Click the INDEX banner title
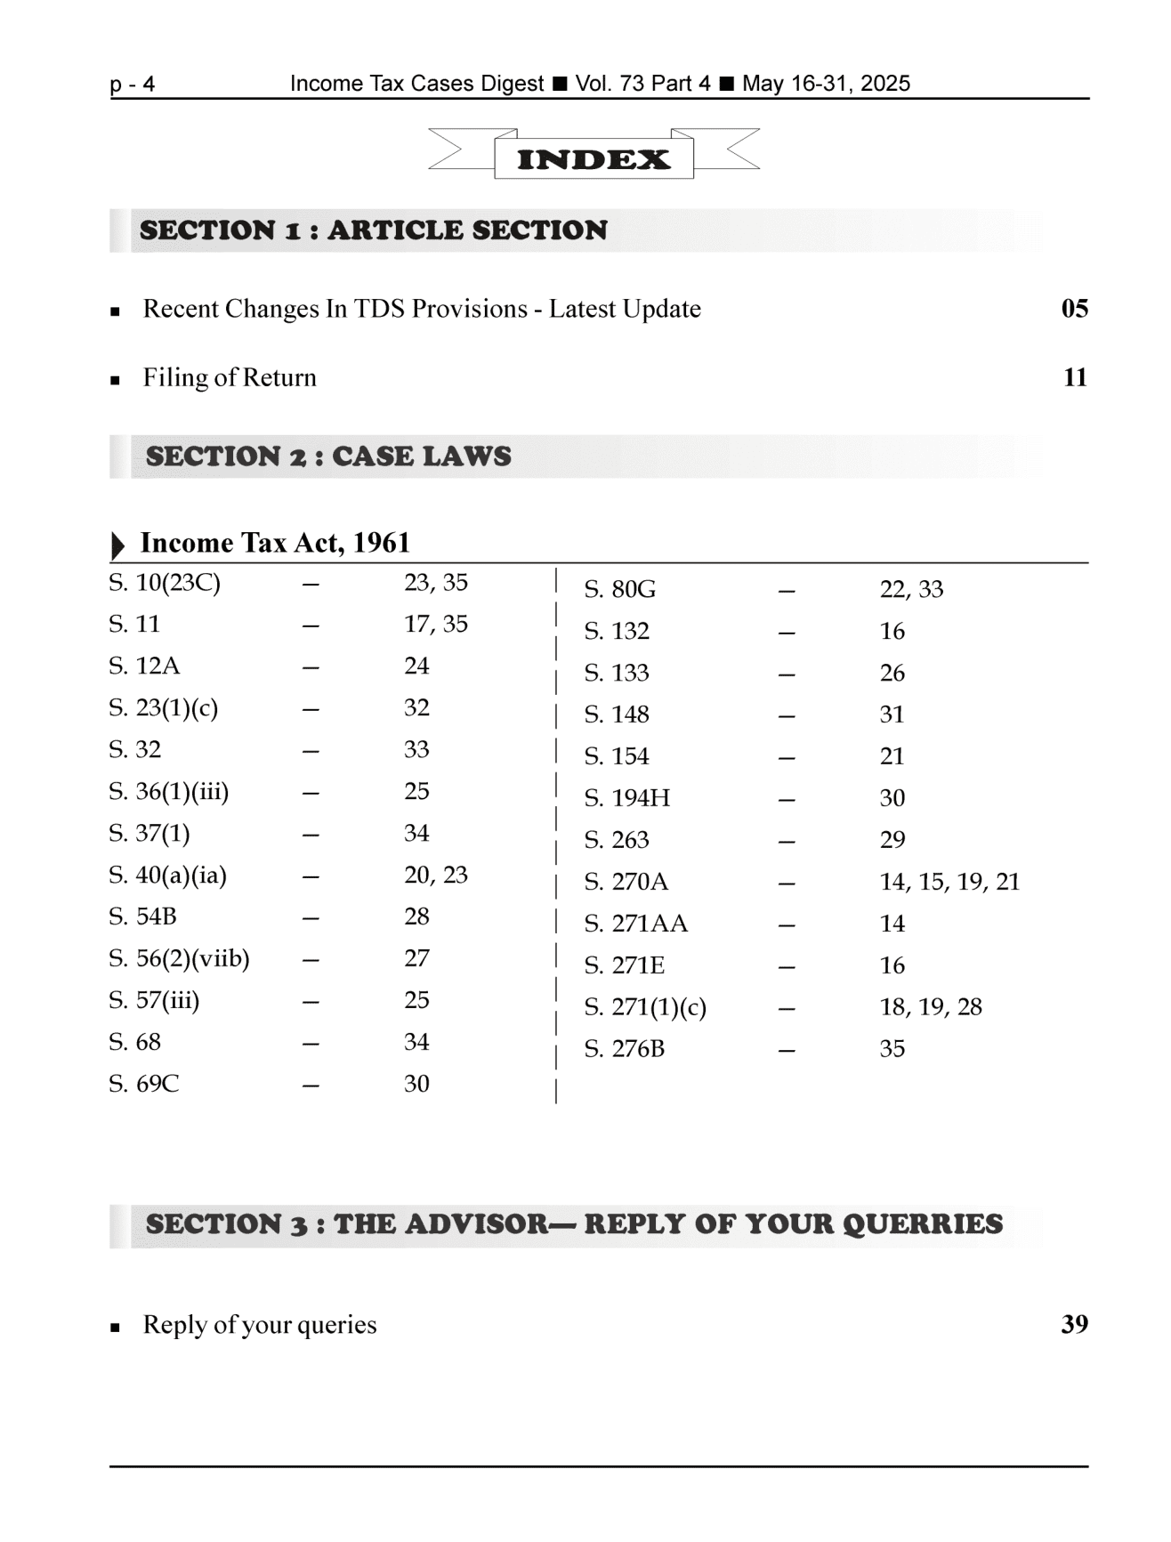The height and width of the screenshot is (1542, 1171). [594, 160]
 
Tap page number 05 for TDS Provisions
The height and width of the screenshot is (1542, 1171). [1074, 309]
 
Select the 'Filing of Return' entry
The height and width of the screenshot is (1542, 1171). [230, 378]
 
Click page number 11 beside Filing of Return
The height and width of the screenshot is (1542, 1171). [1075, 378]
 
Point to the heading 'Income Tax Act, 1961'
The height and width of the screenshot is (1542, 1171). [275, 543]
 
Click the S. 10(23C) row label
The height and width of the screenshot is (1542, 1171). [165, 583]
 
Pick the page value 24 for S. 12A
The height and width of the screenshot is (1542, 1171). [416, 666]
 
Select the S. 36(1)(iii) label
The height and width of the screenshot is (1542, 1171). [169, 791]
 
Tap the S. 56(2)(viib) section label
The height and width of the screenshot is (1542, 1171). [179, 958]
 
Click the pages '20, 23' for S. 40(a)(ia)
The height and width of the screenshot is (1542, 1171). [435, 875]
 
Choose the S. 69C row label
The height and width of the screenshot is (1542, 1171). [144, 1084]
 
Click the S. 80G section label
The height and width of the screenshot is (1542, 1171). [619, 589]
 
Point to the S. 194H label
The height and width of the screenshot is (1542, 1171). [626, 798]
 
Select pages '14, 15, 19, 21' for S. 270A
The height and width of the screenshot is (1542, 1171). [949, 882]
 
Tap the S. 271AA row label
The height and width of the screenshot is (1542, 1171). [635, 924]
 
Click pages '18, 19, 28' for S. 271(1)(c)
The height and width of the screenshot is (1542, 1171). [931, 1007]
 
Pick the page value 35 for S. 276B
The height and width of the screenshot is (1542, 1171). [892, 1049]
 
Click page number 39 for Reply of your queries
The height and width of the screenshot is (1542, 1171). [1074, 1325]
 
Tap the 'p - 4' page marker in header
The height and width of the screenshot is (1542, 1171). [133, 85]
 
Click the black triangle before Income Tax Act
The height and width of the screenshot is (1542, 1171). [117, 545]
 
